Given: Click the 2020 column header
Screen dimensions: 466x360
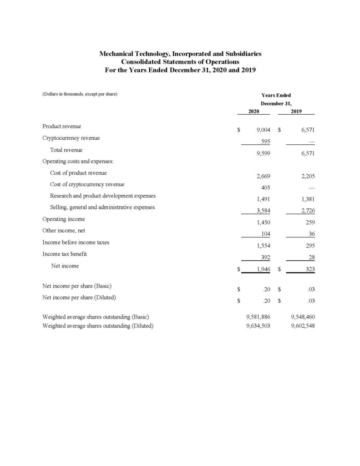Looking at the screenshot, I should point(254,111).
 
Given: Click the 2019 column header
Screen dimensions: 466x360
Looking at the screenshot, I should point(297,111).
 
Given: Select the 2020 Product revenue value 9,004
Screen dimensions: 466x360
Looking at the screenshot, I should point(264,130).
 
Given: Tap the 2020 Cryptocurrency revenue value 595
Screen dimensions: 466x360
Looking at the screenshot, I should point(266,141).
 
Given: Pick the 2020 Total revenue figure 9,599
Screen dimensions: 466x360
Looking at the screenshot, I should point(264,153).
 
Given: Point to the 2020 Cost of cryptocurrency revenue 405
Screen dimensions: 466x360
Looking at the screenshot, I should point(266,187).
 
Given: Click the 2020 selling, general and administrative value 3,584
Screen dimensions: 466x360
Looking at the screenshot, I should point(264,210).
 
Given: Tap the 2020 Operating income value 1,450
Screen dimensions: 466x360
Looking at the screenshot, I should point(264,222).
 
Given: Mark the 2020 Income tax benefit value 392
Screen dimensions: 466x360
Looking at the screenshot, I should point(266,257).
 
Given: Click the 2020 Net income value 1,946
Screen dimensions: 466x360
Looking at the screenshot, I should point(264,269).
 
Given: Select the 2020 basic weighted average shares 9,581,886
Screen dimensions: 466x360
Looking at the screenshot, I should point(258,316).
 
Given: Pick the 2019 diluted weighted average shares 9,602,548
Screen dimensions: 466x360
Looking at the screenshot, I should point(302,325).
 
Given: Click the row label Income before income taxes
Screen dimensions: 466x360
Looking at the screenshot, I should point(72,242).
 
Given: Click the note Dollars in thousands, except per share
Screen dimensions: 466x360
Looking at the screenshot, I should point(80,94).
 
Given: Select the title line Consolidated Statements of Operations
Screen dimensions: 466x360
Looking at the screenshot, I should point(180,62).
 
